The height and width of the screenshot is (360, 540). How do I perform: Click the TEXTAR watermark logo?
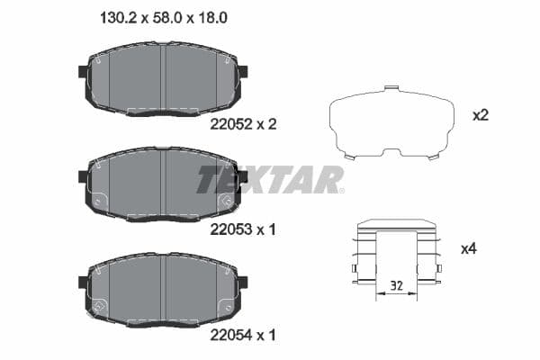pos(270,179)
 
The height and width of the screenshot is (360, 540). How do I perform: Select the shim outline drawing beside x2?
pos(391,124)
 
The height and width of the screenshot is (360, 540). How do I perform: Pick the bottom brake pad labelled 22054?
pos(163,288)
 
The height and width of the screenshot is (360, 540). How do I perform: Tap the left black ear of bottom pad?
pos(84,282)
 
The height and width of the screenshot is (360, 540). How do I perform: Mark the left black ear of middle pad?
pos(84,177)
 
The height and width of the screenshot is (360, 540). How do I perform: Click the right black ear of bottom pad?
pos(243,282)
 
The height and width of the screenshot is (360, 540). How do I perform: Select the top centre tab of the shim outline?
pos(390,89)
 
